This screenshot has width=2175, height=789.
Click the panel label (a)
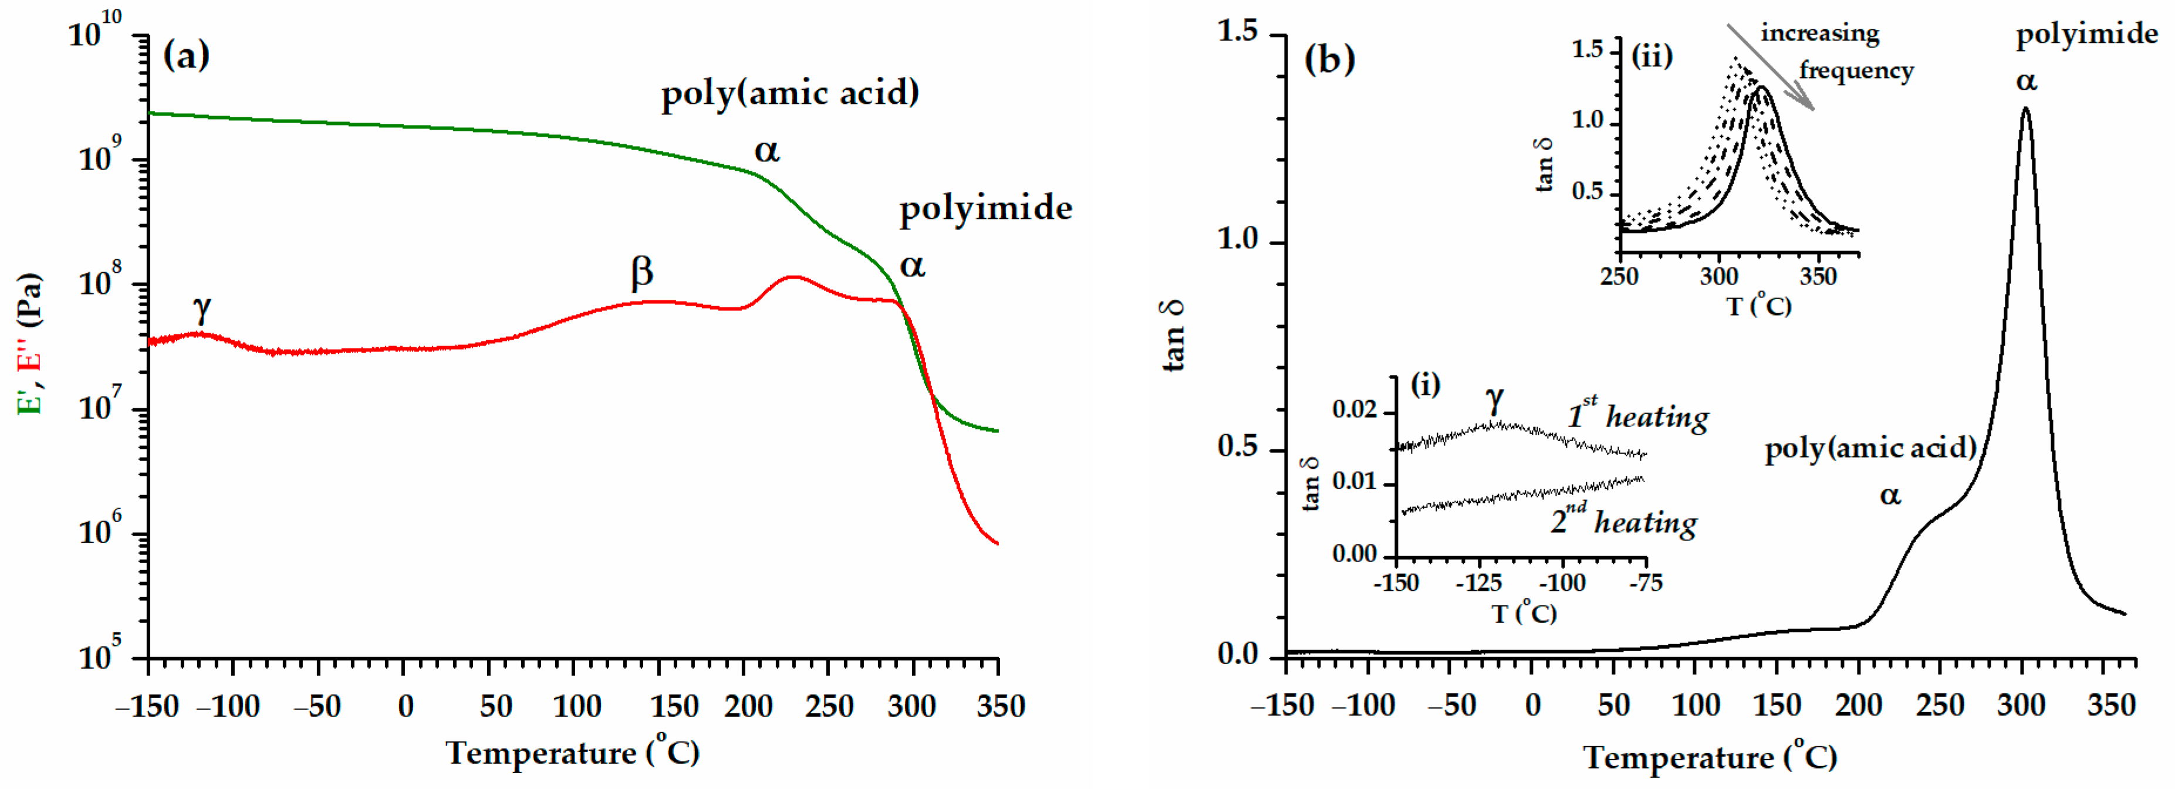(186, 56)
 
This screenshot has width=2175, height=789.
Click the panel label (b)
(1330, 59)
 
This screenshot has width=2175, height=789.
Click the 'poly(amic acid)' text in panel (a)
(789, 93)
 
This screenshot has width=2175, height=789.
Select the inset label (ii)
(1651, 56)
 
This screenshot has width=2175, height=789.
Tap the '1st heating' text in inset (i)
(1638, 415)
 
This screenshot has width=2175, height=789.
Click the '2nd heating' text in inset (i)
(1623, 522)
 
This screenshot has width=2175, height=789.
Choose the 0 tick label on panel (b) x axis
(1532, 706)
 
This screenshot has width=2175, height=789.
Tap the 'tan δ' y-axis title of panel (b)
(1174, 336)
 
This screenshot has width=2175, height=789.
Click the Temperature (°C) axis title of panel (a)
(572, 752)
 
